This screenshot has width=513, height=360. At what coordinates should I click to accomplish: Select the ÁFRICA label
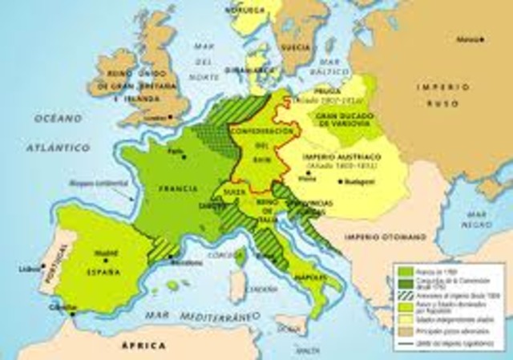141,346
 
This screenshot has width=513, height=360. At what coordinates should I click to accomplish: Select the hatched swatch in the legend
404,293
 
